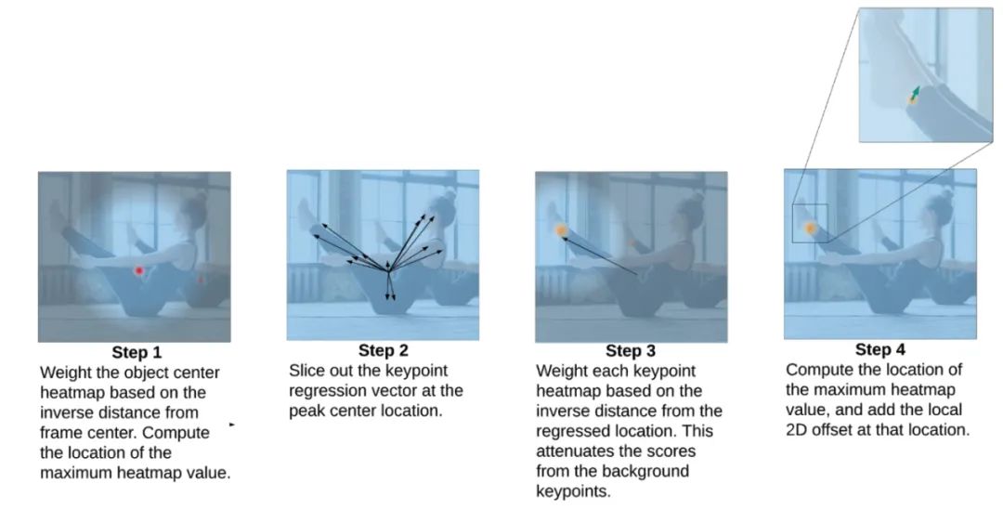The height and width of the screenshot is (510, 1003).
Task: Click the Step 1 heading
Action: (x=137, y=353)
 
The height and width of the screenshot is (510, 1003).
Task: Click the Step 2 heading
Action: (x=384, y=350)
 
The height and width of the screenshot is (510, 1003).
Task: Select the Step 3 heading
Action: (x=631, y=351)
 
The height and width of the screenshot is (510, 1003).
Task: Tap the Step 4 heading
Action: (x=880, y=350)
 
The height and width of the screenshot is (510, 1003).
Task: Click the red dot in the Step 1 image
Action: (x=138, y=270)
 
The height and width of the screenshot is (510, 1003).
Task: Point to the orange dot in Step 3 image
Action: (x=562, y=230)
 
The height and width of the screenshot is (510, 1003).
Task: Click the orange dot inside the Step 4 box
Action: (x=810, y=228)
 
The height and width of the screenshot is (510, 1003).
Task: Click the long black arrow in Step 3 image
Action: (x=599, y=256)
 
